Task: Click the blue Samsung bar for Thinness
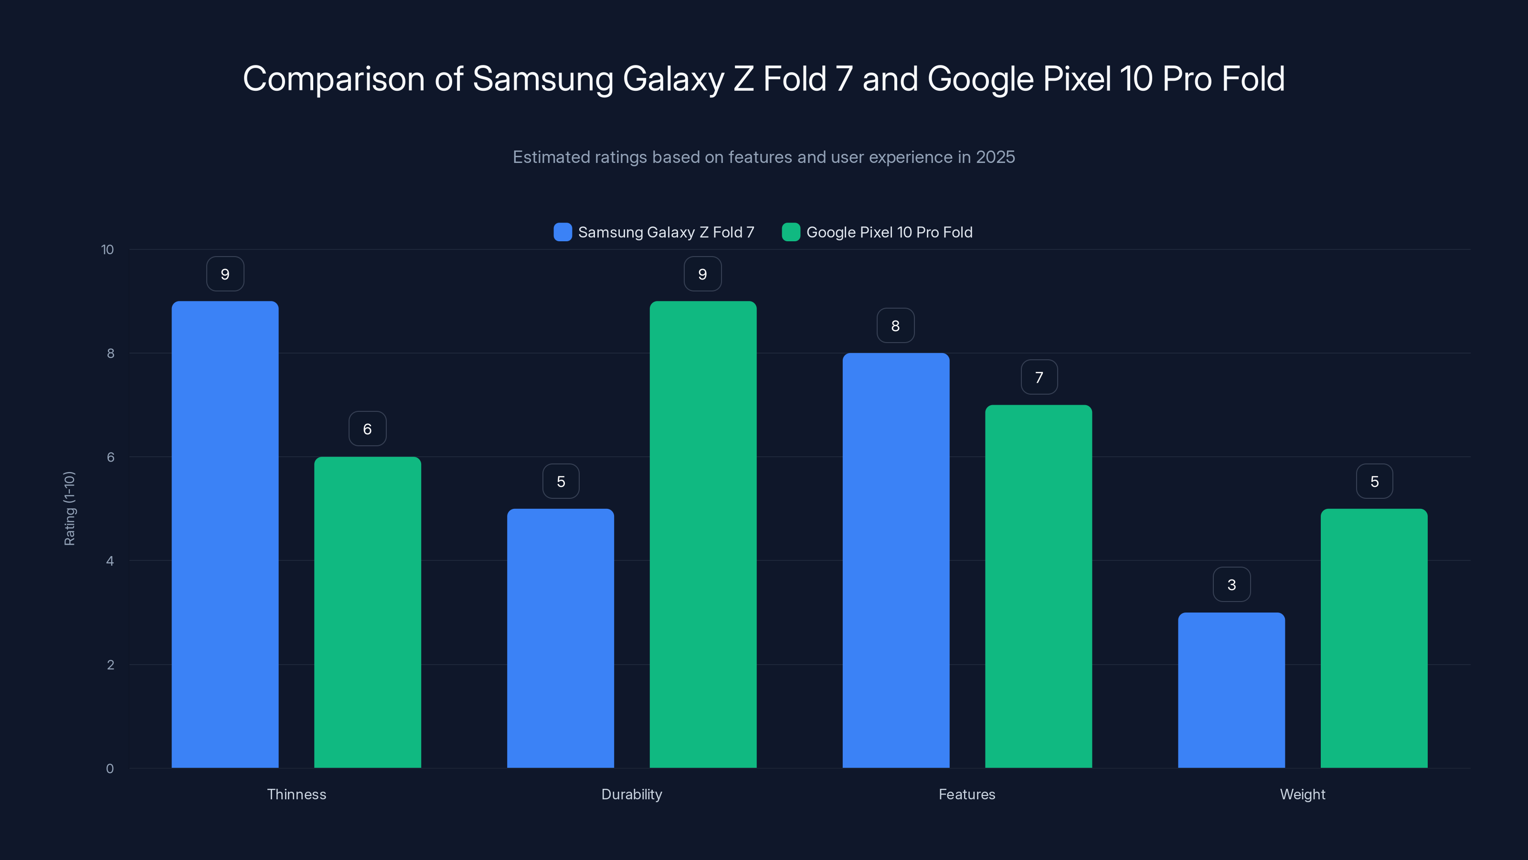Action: click(225, 534)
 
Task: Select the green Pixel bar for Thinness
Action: click(367, 612)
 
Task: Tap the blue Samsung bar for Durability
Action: click(560, 638)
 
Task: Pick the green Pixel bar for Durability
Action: click(703, 534)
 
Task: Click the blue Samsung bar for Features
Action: click(896, 560)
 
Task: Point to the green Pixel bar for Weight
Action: click(1374, 638)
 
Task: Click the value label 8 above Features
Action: click(895, 325)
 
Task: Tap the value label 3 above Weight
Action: click(1231, 585)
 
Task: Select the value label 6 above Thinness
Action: click(367, 429)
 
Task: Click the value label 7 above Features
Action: click(1039, 377)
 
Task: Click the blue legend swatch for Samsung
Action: click(562, 232)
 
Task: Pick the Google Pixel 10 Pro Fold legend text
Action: click(889, 232)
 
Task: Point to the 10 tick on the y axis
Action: click(107, 249)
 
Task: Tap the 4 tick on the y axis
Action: click(110, 561)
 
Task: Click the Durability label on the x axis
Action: click(631, 794)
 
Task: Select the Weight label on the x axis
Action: click(1302, 794)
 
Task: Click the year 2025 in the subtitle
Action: click(995, 157)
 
